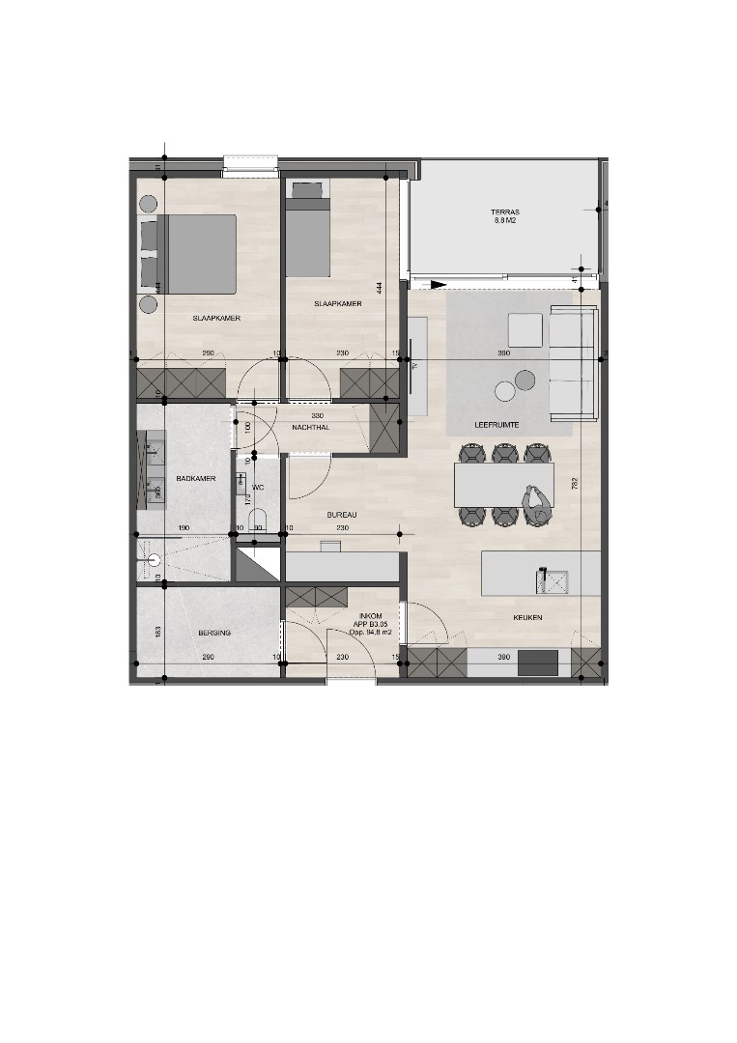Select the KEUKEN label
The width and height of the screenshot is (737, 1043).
click(528, 617)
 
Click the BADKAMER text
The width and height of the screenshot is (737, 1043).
click(195, 479)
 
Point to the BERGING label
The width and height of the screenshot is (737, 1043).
click(213, 633)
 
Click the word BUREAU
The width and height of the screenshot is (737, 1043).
click(342, 515)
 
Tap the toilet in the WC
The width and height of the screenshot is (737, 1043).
click(256, 521)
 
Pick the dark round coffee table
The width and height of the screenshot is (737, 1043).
click(524, 380)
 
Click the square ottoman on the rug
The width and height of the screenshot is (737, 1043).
click(525, 330)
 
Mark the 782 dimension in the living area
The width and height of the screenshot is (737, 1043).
click(575, 486)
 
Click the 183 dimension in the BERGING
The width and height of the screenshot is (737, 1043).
click(158, 632)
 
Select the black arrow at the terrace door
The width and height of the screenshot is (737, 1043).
click(438, 284)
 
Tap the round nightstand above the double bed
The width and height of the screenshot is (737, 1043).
click(149, 204)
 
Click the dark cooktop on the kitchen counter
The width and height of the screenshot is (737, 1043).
click(538, 663)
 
